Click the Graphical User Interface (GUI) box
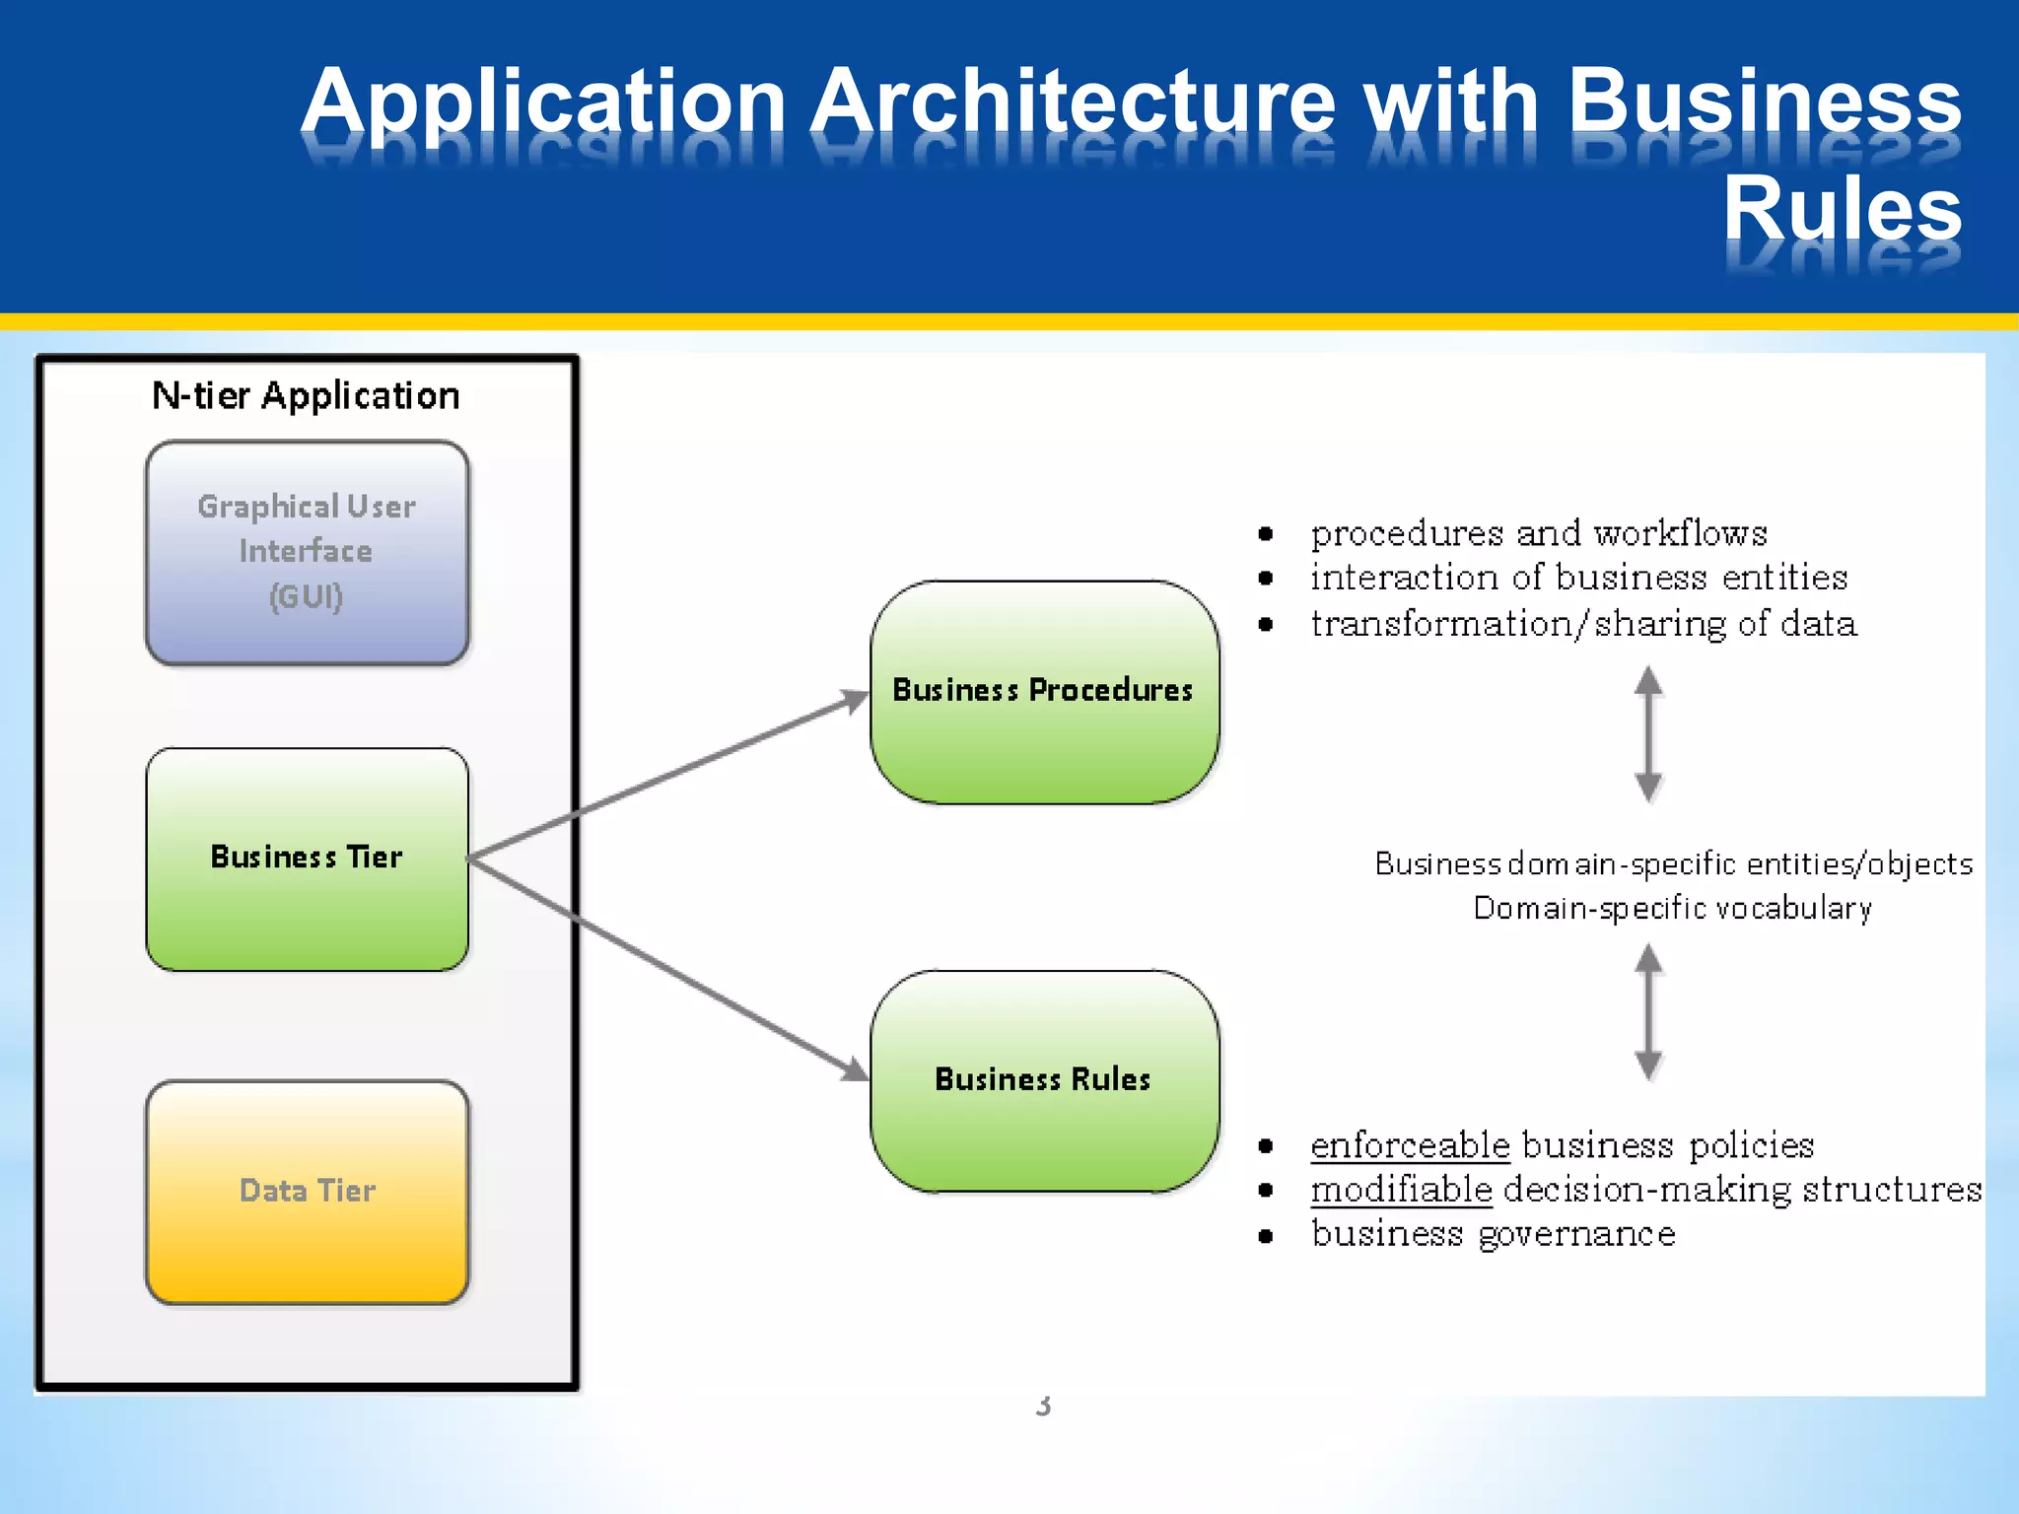click(x=307, y=552)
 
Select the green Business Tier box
click(x=307, y=859)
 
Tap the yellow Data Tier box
click(x=307, y=1192)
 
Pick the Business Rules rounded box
click(x=1044, y=1081)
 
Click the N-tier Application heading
click(x=306, y=396)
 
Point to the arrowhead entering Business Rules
click(x=854, y=1068)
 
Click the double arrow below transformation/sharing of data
click(x=1648, y=734)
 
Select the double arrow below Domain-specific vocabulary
click(x=1648, y=1012)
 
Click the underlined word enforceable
click(x=1410, y=1145)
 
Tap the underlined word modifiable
click(x=1401, y=1190)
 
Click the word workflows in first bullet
click(x=1681, y=533)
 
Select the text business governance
click(x=1493, y=1234)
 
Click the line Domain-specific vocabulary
click(x=1672, y=908)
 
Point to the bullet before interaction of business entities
click(x=1266, y=579)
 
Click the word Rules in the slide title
click(x=1842, y=209)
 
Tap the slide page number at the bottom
click(x=1043, y=1407)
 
